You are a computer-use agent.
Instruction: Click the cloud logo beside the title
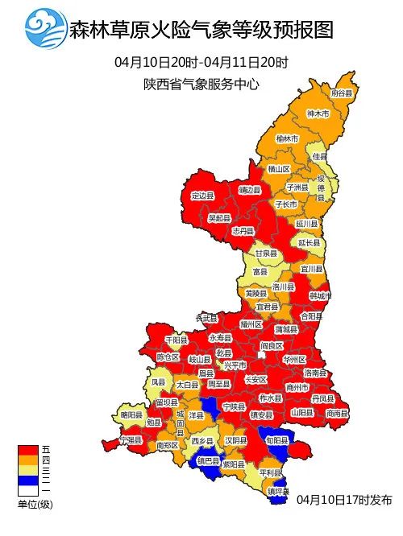click(46, 30)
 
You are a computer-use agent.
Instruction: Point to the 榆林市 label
click(287, 138)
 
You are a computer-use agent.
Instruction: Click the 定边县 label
click(202, 196)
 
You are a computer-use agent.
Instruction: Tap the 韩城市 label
click(320, 295)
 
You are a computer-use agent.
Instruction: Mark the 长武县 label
click(206, 318)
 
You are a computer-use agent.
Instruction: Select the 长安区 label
click(255, 379)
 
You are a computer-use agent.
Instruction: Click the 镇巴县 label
click(208, 461)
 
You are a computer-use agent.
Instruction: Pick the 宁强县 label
click(130, 440)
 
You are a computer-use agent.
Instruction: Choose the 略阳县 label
click(131, 414)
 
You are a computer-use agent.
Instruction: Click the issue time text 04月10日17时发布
click(343, 500)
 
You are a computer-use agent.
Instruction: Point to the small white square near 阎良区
click(262, 354)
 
